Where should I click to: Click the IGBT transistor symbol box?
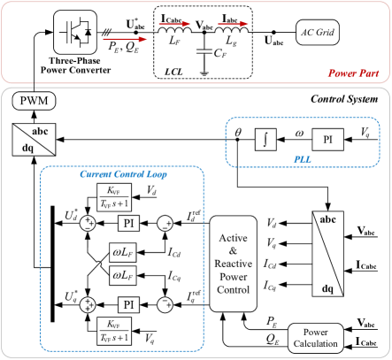(75, 31)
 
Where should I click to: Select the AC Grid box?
(317, 34)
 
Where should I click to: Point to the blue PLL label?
(303, 158)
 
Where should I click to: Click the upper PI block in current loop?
(129, 223)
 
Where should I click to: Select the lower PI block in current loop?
(129, 304)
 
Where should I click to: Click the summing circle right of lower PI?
(164, 304)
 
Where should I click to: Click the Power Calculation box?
(314, 337)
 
